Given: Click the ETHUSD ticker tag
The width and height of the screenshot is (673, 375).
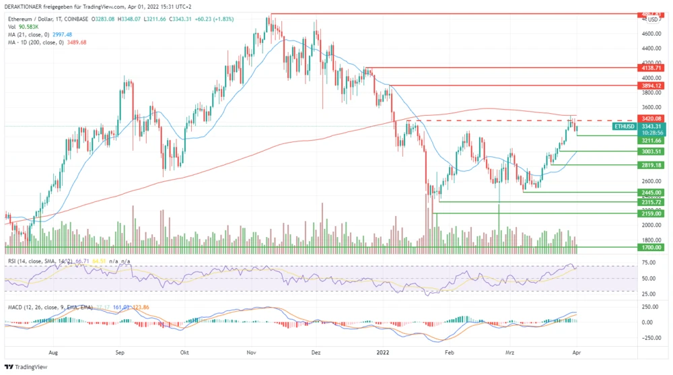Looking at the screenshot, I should click(624, 126).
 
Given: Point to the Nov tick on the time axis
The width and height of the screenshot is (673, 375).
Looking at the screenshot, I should click(252, 351).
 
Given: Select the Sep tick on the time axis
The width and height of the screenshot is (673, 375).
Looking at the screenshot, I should click(120, 351).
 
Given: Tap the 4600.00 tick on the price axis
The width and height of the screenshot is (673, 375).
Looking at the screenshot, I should click(651, 34).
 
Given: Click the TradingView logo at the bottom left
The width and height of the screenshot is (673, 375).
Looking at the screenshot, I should click(27, 367).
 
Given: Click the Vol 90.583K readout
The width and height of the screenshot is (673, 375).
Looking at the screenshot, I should click(28, 27).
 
